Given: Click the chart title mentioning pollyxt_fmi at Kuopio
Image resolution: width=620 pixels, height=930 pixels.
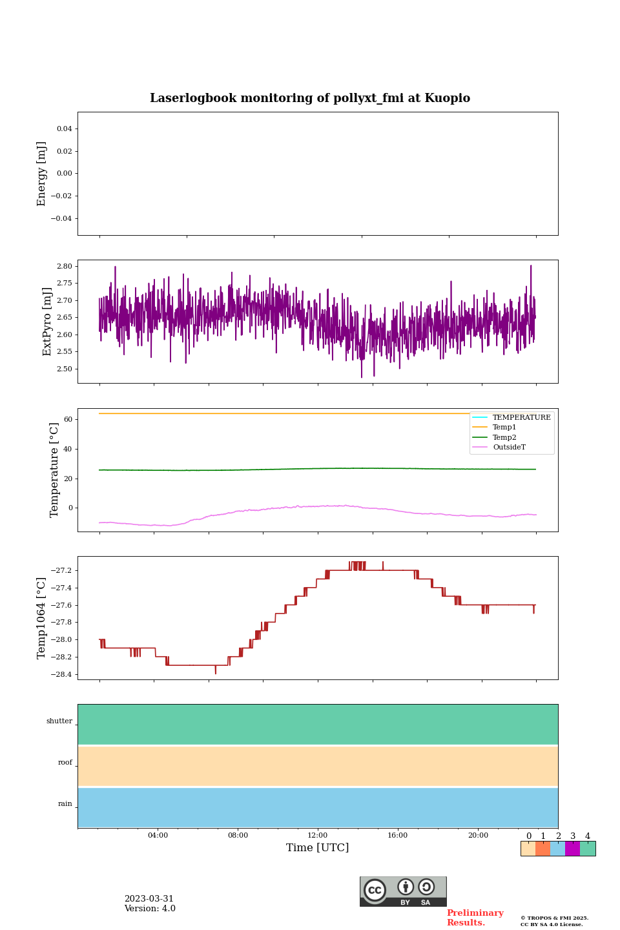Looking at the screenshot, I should [x=310, y=98].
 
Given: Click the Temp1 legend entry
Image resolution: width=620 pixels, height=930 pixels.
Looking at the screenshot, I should [x=504, y=428].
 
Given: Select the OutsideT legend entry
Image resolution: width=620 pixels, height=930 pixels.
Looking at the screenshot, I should [x=509, y=448].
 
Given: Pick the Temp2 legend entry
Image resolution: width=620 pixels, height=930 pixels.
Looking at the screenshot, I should [x=504, y=438].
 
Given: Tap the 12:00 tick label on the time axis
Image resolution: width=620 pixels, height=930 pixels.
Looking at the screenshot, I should [x=318, y=836].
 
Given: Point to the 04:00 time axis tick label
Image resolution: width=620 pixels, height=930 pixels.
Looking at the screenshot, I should [x=158, y=836].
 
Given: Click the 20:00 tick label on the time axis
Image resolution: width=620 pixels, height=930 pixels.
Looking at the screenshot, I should [x=478, y=836].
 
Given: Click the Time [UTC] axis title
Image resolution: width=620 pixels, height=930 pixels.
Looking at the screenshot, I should [x=318, y=848].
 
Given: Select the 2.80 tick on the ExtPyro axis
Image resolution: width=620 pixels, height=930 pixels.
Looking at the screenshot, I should [x=65, y=266].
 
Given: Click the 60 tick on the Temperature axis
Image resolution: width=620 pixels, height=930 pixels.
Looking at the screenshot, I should [x=68, y=419].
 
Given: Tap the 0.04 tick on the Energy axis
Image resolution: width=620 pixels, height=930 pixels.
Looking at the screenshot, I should [x=64, y=129].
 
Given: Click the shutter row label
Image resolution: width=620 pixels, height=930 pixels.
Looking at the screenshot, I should [x=59, y=721].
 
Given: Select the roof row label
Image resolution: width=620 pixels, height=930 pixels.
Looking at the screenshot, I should [x=65, y=763].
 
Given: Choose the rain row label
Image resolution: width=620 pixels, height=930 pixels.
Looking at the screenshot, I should [x=65, y=804].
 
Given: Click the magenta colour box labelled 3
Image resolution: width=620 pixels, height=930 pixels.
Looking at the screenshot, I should [x=572, y=849].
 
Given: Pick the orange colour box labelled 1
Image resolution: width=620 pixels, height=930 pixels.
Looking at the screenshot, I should [x=542, y=849].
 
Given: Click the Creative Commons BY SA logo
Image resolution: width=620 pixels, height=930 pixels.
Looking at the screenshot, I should [x=403, y=891].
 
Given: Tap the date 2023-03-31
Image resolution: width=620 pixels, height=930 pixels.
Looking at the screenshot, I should [x=149, y=899].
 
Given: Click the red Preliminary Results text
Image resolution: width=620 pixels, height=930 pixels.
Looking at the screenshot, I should [x=475, y=918].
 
